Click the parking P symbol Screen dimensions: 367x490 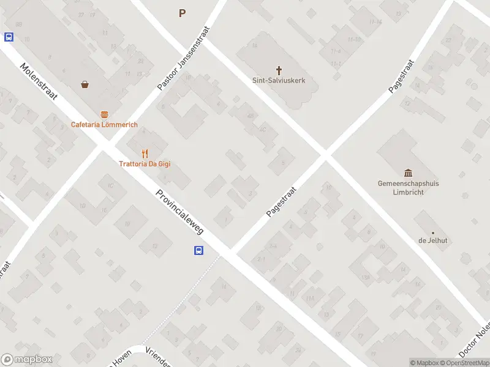coord(182,13)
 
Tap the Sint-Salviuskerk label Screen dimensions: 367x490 coord(279,80)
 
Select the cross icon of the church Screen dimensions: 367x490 coord(279,70)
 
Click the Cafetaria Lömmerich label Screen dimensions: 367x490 coord(104,125)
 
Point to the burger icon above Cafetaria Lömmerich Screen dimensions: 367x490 coord(104,114)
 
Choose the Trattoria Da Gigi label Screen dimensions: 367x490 coord(145,164)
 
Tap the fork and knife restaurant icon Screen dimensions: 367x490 coord(145,154)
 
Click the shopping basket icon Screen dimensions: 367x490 coord(85,85)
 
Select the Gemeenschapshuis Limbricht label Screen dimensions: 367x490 coord(409,188)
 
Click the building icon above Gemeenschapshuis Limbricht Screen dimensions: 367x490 coord(409,173)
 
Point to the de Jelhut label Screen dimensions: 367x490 coord(433,240)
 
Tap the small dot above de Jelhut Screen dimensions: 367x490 coord(433,232)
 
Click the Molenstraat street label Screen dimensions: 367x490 coord(39,83)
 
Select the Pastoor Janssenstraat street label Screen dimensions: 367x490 coord(183,59)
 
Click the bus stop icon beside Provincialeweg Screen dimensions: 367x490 coord(199,250)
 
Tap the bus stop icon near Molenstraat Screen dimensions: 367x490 coord(9,37)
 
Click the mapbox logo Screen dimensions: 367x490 coord(26,360)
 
